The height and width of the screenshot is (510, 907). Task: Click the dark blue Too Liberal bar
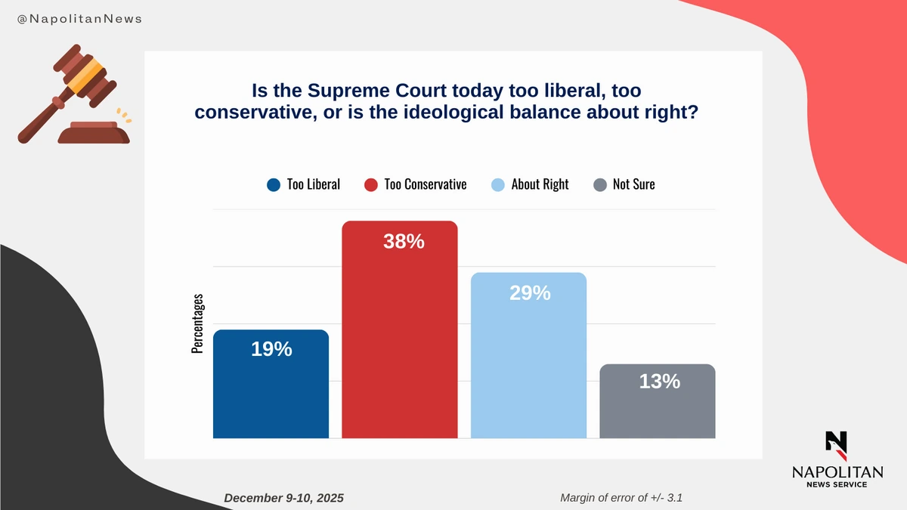(x=271, y=393)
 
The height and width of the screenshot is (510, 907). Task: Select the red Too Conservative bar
(x=400, y=340)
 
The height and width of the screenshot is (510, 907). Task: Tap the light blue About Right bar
(x=528, y=363)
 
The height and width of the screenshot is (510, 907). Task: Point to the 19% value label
(x=271, y=349)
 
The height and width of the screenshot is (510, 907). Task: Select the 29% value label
(x=530, y=293)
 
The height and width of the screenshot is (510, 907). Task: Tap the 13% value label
(x=659, y=382)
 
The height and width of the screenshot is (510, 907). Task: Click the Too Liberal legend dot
(x=274, y=184)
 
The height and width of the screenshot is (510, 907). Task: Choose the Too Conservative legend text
(x=425, y=184)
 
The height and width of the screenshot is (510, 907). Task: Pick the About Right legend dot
(x=498, y=184)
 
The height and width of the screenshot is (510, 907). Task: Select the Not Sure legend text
(x=633, y=184)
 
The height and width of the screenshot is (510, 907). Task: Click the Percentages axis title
(x=198, y=323)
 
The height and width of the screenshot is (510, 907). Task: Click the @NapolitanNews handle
(x=79, y=17)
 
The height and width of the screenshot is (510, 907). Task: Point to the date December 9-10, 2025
(x=284, y=498)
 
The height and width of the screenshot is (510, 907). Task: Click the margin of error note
(x=624, y=498)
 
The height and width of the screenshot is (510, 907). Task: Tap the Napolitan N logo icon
(x=836, y=445)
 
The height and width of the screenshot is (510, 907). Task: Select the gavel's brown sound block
(x=94, y=134)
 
